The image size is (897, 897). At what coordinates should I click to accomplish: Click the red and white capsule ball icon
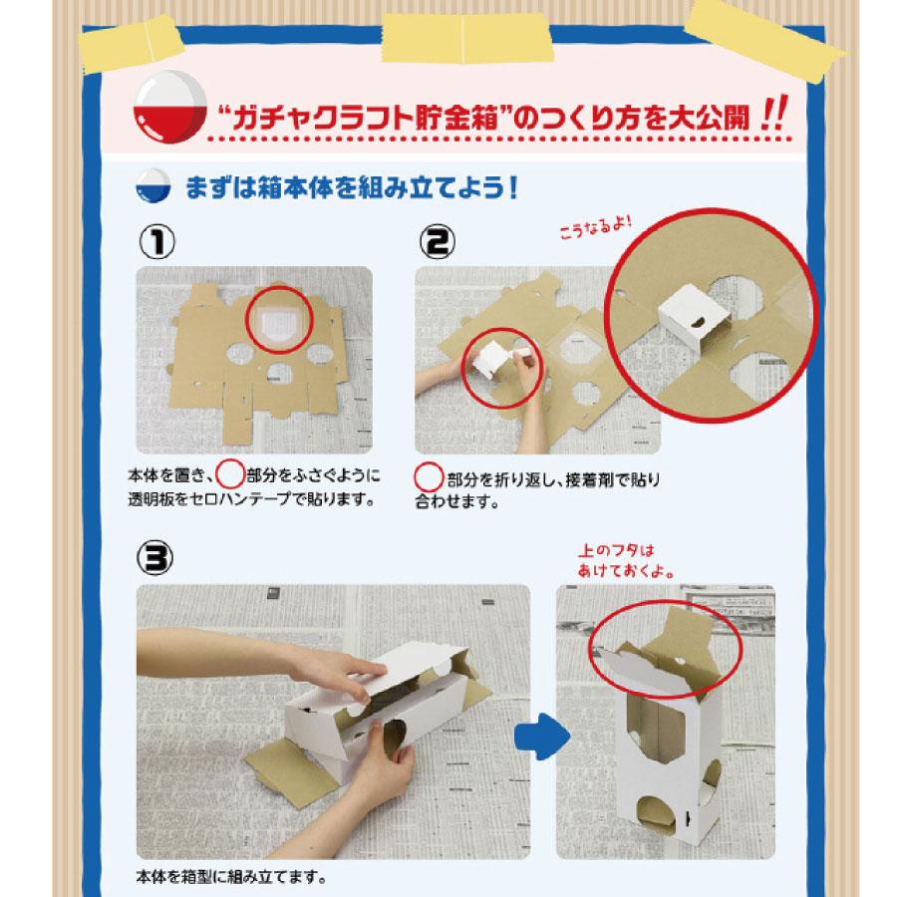[x=169, y=107]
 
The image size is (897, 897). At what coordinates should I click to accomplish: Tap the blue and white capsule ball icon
[x=153, y=186]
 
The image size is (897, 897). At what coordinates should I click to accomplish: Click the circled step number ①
[x=156, y=241]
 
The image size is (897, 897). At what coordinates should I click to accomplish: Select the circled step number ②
[x=438, y=241]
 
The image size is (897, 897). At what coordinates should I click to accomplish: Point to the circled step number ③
[x=154, y=557]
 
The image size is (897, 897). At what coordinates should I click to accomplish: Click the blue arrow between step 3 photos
[x=541, y=737]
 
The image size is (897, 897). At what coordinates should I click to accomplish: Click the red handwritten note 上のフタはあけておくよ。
[x=625, y=560]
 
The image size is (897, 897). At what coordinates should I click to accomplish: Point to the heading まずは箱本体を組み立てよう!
[x=353, y=187]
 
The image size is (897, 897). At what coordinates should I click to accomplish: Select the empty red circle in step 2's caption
[x=428, y=476]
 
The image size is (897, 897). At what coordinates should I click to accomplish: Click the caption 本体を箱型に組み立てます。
[x=231, y=876]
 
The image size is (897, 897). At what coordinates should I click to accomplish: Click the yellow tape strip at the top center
[x=466, y=37]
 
